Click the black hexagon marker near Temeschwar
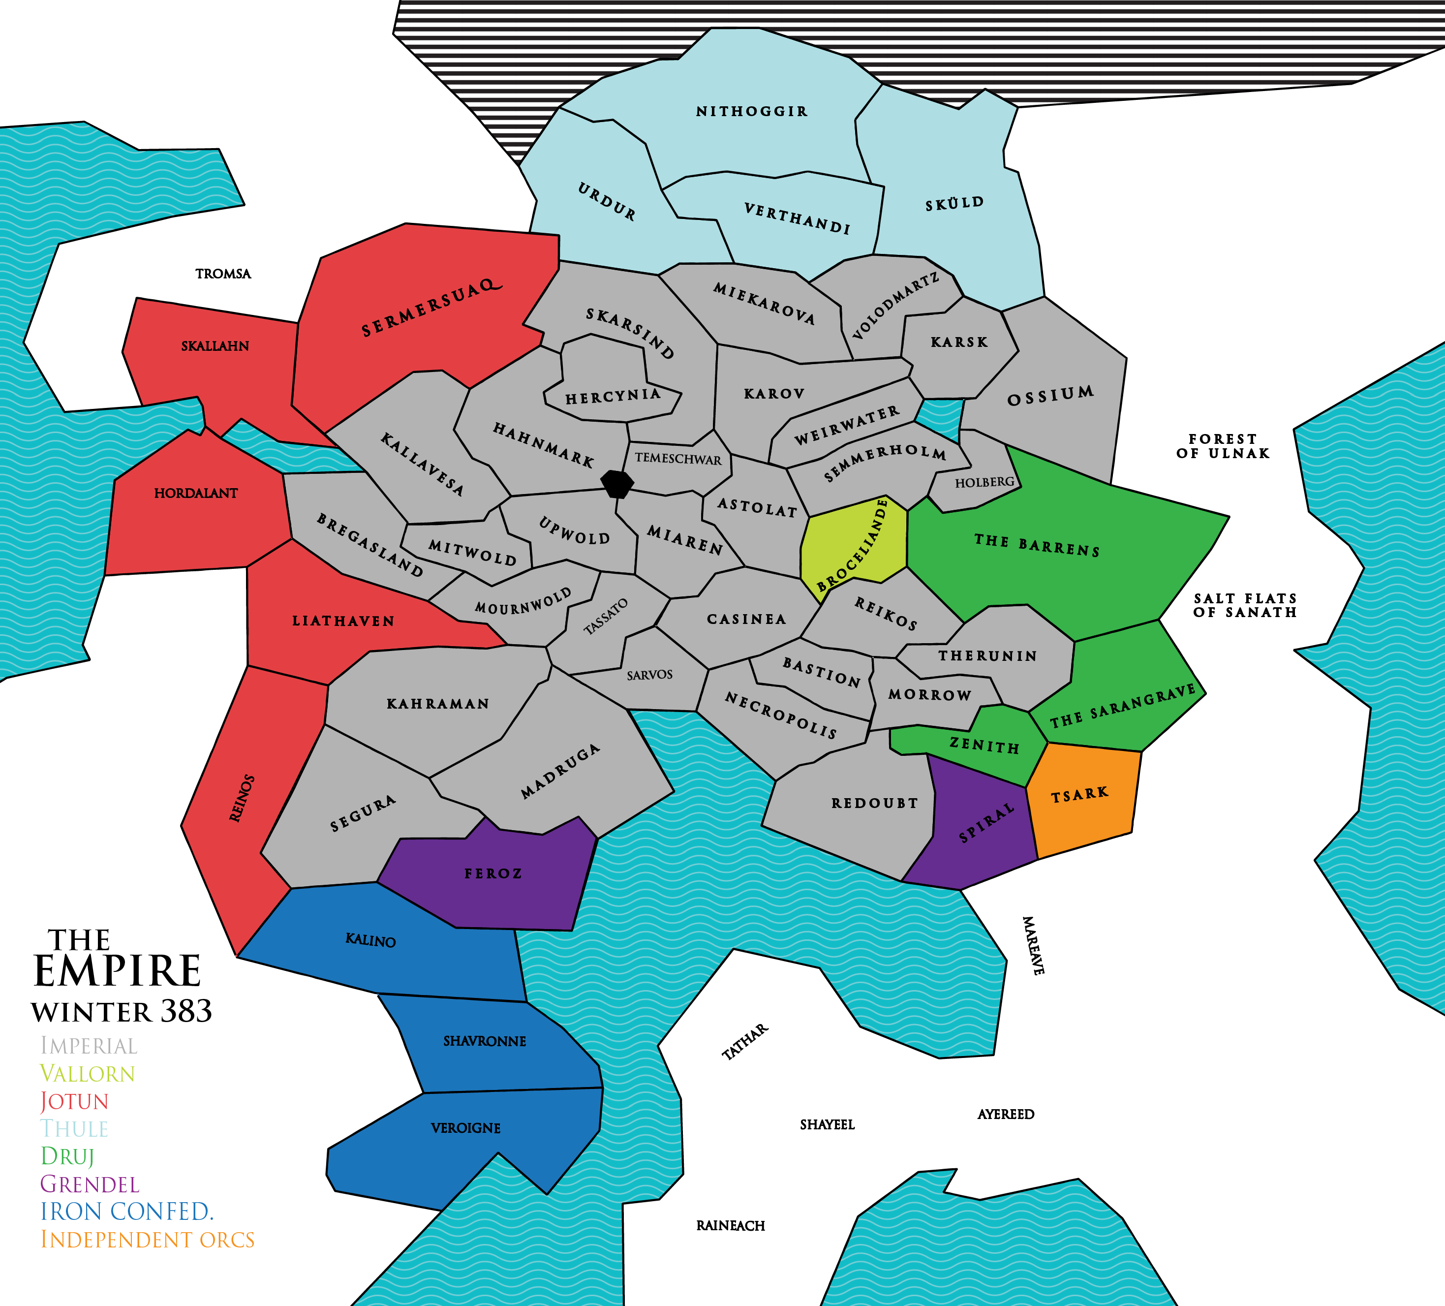tap(616, 484)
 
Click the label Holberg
tap(984, 482)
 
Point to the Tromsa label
tap(223, 274)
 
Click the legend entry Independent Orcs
tap(147, 1240)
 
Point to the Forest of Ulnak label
tap(1223, 446)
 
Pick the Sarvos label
tap(649, 675)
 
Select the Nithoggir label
tap(752, 111)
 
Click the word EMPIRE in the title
tap(117, 971)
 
